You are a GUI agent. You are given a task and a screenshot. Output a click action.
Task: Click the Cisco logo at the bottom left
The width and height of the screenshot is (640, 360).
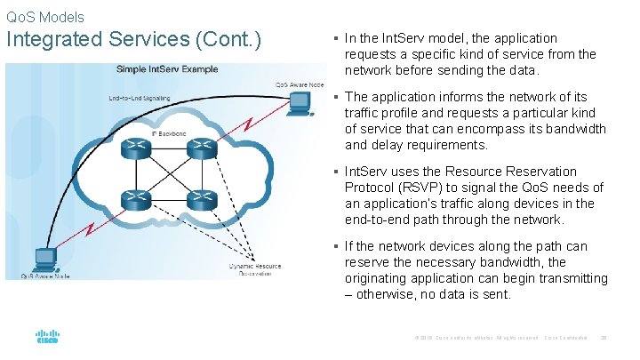click(x=47, y=338)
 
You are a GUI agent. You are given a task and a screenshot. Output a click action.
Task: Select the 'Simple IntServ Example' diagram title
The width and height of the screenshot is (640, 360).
click(x=170, y=69)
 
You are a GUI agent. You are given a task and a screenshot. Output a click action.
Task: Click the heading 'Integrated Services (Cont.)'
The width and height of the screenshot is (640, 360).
click(x=133, y=40)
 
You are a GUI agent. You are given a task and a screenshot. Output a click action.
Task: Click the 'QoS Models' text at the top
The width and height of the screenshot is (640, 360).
click(x=45, y=17)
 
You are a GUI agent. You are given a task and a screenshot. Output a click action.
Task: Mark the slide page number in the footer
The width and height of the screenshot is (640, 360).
click(x=604, y=338)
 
